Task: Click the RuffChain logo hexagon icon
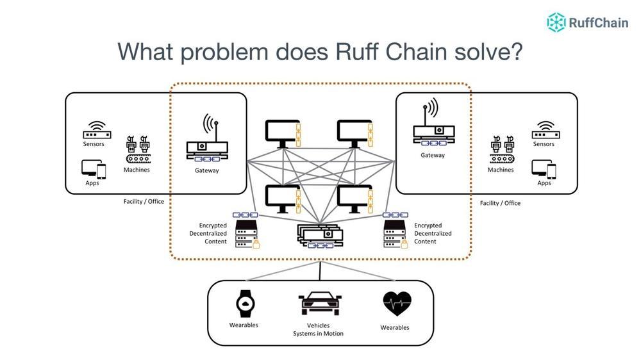coord(556,22)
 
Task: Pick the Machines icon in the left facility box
coord(137,149)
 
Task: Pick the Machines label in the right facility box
coord(501,170)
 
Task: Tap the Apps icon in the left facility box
coord(94,168)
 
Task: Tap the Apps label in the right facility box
coord(544,183)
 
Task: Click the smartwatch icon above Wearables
coord(244,304)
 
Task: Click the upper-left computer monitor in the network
coord(281,133)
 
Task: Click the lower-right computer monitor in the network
coord(354,199)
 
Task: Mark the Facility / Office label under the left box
coord(144,201)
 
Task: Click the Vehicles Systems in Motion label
coord(319,329)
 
